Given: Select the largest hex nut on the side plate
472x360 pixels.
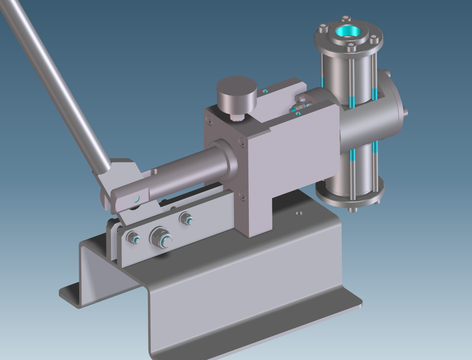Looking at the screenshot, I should pyautogui.click(x=161, y=238).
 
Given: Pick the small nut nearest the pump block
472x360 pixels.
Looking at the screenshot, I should pyautogui.click(x=186, y=219).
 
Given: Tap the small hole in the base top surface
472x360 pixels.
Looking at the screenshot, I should pyautogui.click(x=298, y=213).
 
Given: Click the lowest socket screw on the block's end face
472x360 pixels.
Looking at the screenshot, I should pyautogui.click(x=243, y=198).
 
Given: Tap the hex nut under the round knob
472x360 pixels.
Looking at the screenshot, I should pyautogui.click(x=236, y=117).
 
